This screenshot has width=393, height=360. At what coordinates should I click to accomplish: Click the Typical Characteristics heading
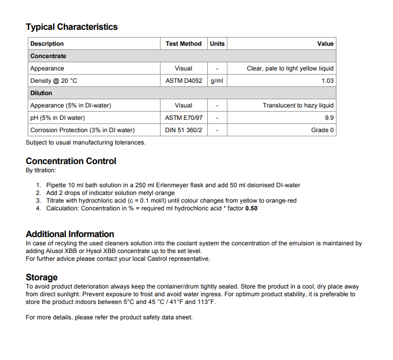coord(72,27)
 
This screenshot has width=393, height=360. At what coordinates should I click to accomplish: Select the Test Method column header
coord(184,44)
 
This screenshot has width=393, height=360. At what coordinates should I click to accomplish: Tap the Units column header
coord(217,44)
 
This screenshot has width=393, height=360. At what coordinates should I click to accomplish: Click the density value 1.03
coord(327,81)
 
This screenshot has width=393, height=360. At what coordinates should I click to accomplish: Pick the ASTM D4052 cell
coord(184,81)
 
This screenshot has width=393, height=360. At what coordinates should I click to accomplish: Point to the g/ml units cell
coord(217,81)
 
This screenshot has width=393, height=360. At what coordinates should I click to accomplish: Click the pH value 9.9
coord(329,118)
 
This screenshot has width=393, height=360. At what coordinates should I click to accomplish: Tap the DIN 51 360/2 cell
coord(184,130)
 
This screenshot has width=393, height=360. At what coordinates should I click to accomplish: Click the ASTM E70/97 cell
coord(184,118)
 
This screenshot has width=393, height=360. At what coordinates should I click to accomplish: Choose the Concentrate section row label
coord(48,56)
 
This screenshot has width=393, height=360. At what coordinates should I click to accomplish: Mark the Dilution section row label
coord(41,93)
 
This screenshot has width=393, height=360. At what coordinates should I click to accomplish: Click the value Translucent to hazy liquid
coord(298,105)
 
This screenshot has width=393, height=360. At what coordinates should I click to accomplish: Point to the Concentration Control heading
coord(71,161)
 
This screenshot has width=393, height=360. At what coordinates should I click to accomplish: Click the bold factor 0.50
coord(251,208)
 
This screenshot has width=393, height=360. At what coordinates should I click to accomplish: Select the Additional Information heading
coord(70,234)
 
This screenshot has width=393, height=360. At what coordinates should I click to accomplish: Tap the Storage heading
coord(42,277)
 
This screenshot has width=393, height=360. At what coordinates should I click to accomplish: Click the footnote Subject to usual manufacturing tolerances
coord(85,142)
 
